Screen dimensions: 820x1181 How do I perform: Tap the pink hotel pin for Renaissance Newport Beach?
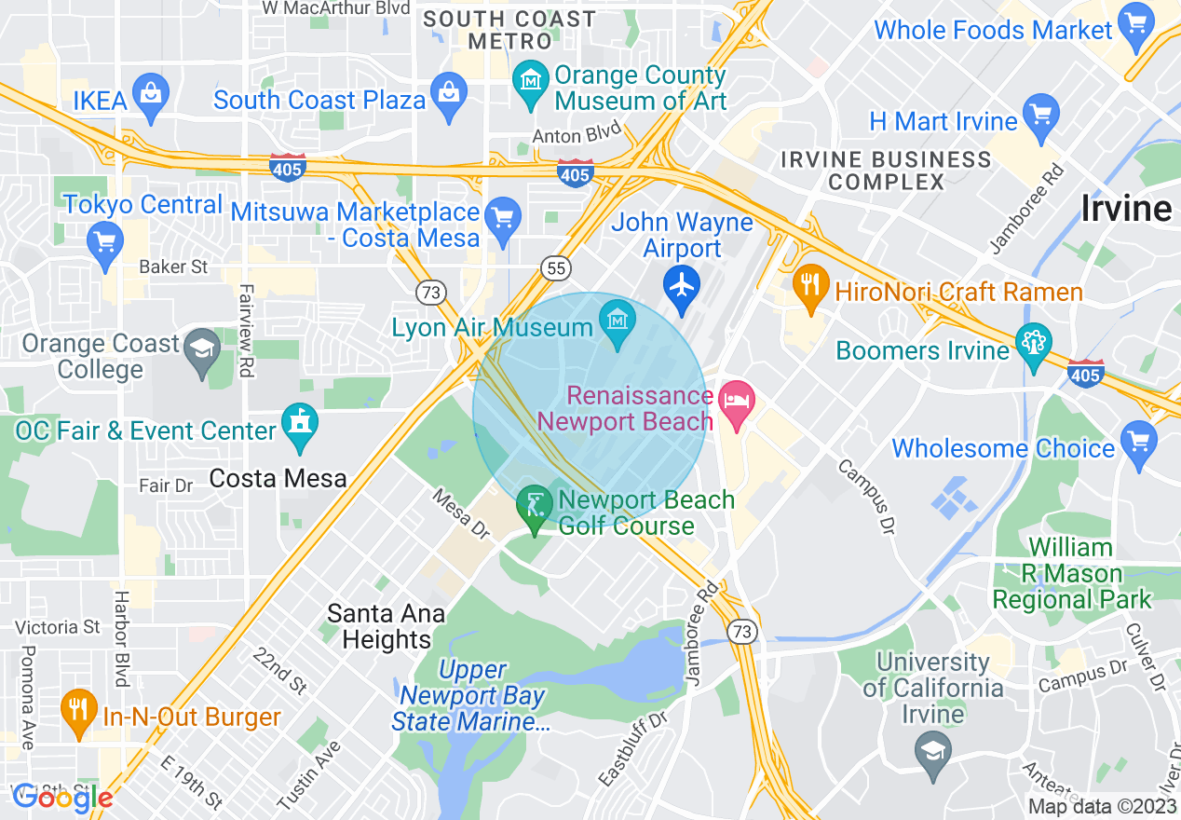coord(736,403)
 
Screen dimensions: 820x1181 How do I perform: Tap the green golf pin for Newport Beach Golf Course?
coord(535,507)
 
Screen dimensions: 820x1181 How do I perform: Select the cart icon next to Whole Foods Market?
coord(1136,24)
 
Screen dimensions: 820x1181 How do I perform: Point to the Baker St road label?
coord(173,266)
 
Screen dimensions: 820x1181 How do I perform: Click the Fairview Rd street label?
coord(246,330)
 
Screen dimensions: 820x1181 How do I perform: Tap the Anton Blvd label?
coord(577,136)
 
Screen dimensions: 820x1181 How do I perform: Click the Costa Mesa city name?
coord(278,479)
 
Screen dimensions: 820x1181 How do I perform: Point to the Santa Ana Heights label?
coord(386,627)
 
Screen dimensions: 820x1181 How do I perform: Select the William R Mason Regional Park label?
coord(1071,573)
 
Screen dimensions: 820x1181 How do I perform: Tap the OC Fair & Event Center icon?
coord(300,424)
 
